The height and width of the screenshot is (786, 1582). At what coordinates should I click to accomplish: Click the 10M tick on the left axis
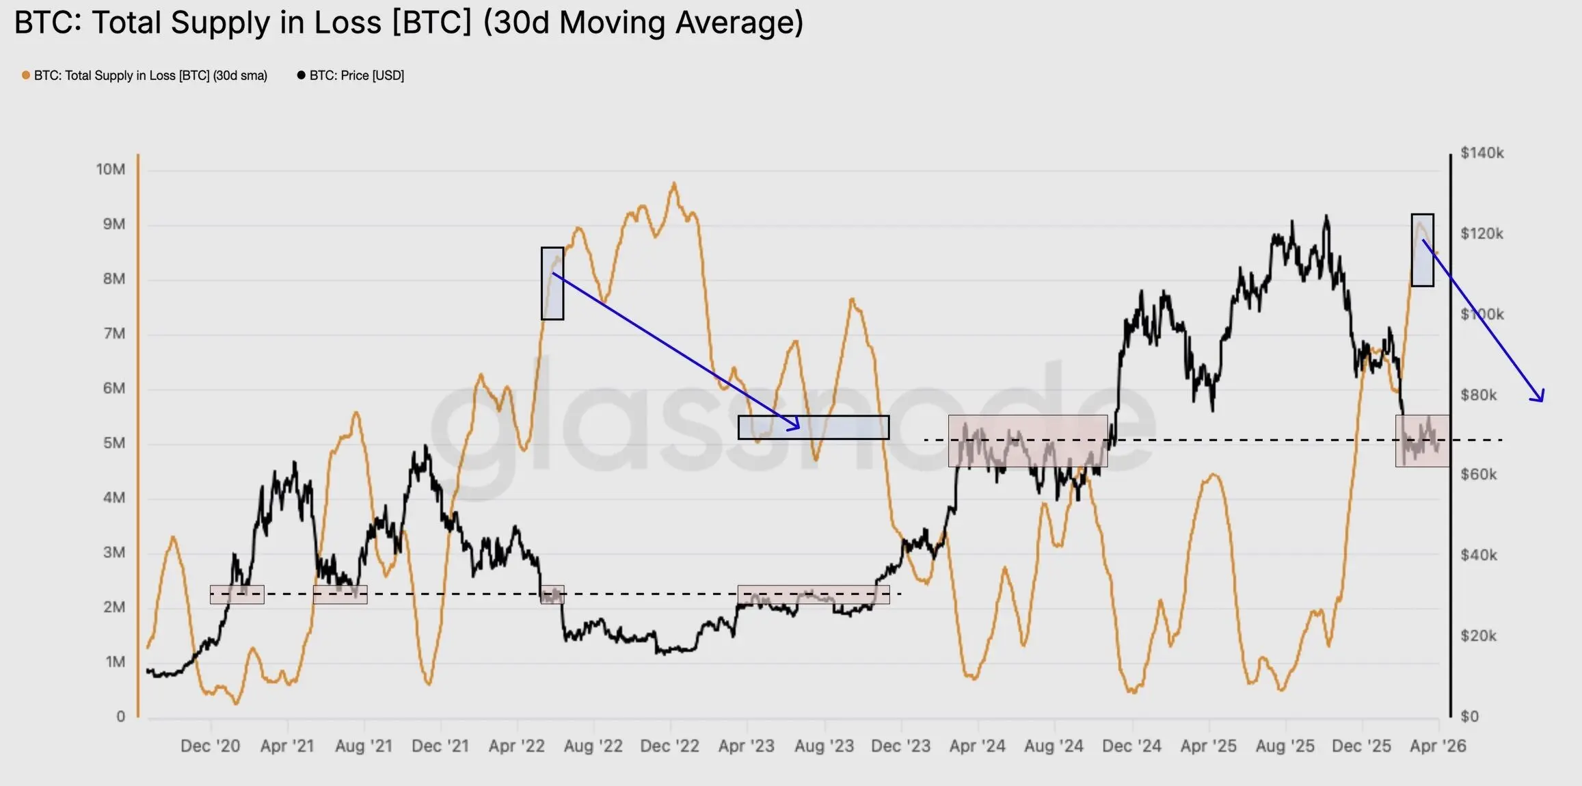click(x=111, y=170)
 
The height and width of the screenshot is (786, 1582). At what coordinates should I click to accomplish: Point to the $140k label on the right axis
click(x=1482, y=153)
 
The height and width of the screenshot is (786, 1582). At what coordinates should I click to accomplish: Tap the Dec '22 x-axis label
click(x=669, y=746)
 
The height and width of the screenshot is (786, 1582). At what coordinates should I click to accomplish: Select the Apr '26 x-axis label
click(x=1438, y=746)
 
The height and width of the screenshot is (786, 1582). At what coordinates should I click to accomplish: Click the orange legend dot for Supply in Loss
click(x=26, y=75)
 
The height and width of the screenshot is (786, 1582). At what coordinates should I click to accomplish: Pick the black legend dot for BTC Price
click(x=301, y=75)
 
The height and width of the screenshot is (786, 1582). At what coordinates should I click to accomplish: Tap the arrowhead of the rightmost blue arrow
click(x=1541, y=399)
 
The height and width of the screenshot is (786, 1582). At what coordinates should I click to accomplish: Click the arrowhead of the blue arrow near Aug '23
click(x=796, y=427)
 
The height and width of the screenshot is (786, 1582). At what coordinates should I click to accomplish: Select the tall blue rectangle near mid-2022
click(x=552, y=283)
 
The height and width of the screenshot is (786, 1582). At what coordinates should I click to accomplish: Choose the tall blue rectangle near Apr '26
click(x=1422, y=250)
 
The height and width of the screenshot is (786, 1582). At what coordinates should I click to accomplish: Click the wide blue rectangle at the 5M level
click(x=814, y=428)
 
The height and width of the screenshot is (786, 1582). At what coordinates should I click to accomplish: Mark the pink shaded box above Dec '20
click(x=237, y=594)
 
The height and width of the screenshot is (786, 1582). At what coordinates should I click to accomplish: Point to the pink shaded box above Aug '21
click(x=340, y=594)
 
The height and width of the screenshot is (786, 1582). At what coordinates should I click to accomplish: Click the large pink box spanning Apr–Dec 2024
click(x=1028, y=441)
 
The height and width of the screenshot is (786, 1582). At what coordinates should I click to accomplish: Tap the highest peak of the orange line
click(x=674, y=183)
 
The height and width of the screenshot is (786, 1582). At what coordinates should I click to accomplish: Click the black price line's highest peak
click(x=1326, y=216)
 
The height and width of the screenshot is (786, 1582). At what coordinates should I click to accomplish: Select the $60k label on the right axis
click(x=1478, y=475)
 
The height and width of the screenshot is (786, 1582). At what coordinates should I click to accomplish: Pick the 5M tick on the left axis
click(x=113, y=443)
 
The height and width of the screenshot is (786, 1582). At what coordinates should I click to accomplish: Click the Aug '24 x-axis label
click(x=1054, y=746)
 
